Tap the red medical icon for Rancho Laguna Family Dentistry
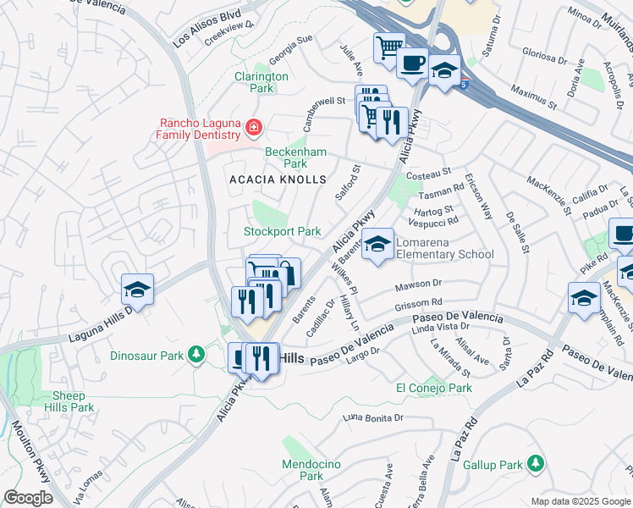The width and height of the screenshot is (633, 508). click(x=253, y=129)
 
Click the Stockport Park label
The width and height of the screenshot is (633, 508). click(x=282, y=231)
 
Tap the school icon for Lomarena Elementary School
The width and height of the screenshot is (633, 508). click(x=377, y=246)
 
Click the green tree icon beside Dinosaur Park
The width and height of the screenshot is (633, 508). click(x=196, y=353)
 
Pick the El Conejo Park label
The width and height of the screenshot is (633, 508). click(x=434, y=389)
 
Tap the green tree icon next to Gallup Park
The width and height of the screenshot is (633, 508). click(x=535, y=463)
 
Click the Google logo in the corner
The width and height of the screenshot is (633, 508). click(x=28, y=498)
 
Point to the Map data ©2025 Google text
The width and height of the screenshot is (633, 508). click(x=581, y=501)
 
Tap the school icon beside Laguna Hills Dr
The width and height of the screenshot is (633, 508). click(x=136, y=290)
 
